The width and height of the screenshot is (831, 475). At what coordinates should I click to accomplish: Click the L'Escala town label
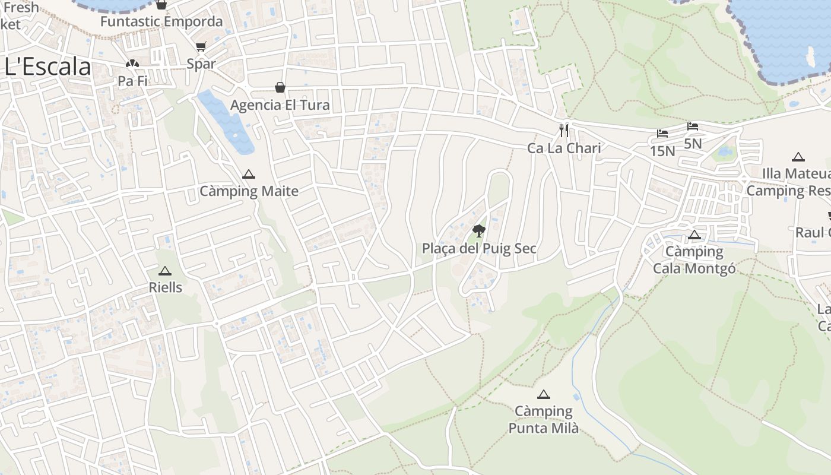click(47, 67)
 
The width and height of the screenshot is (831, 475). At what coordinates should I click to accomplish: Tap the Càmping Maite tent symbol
click(249, 175)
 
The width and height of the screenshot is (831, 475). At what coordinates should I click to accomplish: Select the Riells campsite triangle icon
click(165, 271)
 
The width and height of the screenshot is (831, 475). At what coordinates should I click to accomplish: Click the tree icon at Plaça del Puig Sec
click(479, 231)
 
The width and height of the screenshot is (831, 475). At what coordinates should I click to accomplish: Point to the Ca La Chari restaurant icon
click(564, 131)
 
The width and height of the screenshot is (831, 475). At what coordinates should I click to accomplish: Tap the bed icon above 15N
click(662, 134)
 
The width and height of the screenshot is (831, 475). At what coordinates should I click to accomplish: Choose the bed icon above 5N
click(693, 126)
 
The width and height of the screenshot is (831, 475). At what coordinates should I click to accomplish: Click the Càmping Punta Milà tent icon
click(543, 394)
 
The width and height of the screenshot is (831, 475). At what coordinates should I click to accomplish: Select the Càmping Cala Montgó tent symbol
click(694, 235)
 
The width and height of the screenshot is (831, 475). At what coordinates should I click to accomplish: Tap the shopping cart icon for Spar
click(201, 47)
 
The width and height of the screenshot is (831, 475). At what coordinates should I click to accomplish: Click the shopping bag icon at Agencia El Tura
click(280, 88)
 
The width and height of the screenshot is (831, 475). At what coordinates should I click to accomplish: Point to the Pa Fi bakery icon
click(132, 64)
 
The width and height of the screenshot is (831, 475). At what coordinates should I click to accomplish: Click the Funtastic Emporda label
click(161, 22)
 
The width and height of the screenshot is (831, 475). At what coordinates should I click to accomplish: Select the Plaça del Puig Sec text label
click(479, 248)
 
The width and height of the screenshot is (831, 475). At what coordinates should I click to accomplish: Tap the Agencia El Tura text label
click(280, 105)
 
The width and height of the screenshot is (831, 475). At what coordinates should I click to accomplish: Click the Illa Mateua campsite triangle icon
click(798, 157)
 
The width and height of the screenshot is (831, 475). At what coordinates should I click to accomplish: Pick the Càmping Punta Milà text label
click(543, 419)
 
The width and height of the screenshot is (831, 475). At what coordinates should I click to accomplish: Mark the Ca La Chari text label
click(564, 148)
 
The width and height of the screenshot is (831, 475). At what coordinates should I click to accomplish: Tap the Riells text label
click(165, 287)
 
